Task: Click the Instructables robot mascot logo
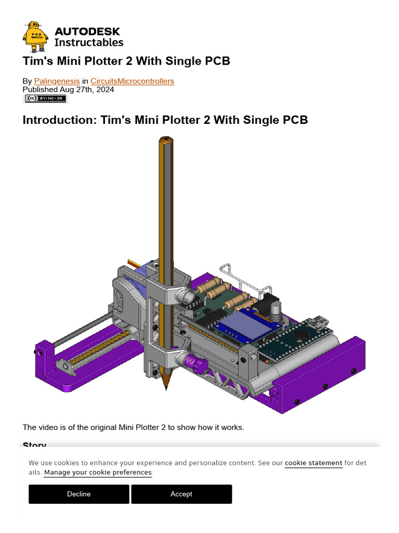(x=35, y=37)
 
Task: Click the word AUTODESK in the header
(x=87, y=32)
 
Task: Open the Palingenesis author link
(x=57, y=81)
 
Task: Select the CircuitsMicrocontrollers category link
(x=132, y=81)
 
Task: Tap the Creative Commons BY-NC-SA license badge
(x=45, y=98)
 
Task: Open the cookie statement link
(x=313, y=463)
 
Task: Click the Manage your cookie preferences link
(x=98, y=473)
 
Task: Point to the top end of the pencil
(x=165, y=139)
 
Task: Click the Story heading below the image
(x=35, y=446)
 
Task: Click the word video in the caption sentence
(x=48, y=427)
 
